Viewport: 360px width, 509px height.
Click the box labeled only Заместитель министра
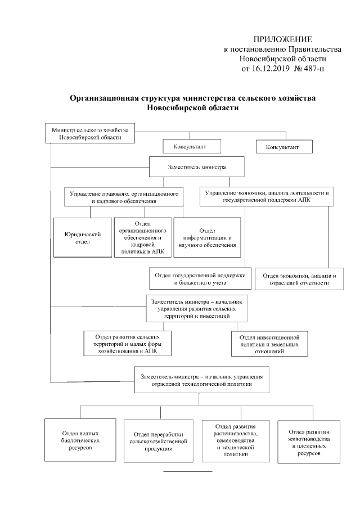tap(196, 167)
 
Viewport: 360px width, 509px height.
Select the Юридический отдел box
tap(82, 237)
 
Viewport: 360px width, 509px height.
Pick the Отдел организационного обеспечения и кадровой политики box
tap(142, 237)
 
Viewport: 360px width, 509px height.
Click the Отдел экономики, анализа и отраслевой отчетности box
tap(299, 279)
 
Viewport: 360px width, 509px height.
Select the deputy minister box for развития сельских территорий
tap(196, 308)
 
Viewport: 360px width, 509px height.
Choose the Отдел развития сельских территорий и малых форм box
tap(127, 343)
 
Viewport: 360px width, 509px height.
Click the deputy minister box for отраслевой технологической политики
tap(201, 379)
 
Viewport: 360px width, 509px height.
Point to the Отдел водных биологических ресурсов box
tap(82, 440)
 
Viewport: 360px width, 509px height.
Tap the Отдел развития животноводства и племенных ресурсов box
tap(307, 441)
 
